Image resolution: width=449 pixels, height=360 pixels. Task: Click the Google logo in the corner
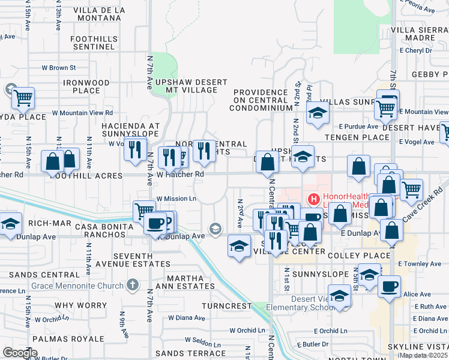pyautogui.click(x=20, y=353)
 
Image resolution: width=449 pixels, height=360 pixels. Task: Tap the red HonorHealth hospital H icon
pyautogui.click(x=313, y=199)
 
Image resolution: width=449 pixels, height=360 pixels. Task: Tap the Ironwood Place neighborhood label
pyautogui.click(x=86, y=86)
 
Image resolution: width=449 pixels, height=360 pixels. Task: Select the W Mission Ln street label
pyautogui.click(x=176, y=199)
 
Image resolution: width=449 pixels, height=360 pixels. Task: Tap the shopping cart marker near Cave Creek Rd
pyautogui.click(x=411, y=190)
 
